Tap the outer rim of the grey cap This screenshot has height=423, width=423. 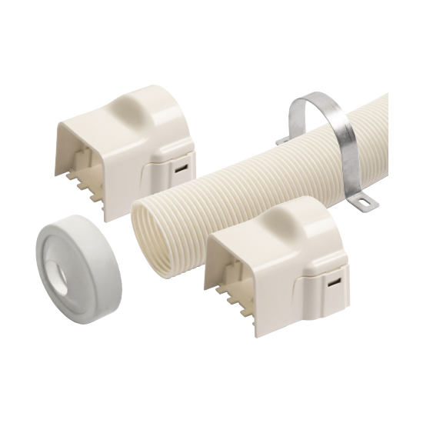coord(99,238)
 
